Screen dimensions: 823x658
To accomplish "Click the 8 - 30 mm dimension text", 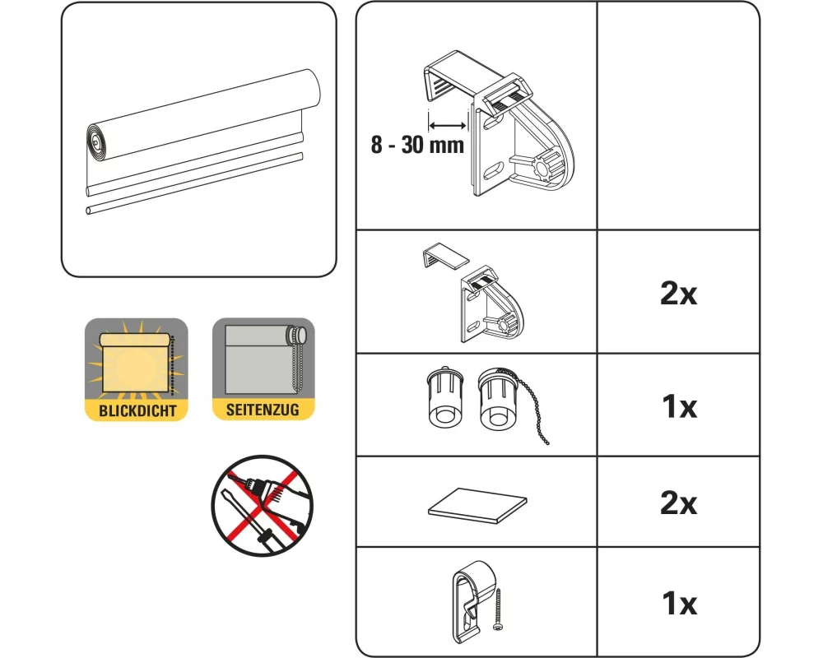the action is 417,145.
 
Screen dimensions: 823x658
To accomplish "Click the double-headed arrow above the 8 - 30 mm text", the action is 447,125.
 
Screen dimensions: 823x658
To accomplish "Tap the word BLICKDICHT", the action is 137,410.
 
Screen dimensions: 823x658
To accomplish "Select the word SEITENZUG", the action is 263,410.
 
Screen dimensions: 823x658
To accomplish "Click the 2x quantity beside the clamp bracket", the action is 678,294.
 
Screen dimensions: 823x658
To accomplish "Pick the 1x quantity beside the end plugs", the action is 679,406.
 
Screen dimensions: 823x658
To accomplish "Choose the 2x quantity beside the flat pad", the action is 678,503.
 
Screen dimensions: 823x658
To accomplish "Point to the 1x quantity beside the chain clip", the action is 679,603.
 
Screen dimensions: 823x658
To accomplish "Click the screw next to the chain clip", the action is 498,609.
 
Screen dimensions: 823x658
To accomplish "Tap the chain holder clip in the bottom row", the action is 473,602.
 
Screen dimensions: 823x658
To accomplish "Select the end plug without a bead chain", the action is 445,396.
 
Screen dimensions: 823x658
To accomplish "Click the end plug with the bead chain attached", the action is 497,397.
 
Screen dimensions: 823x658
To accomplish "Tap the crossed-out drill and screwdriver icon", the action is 263,505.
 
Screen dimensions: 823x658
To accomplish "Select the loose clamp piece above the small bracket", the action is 445,256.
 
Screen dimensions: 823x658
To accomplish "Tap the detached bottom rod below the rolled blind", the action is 194,183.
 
